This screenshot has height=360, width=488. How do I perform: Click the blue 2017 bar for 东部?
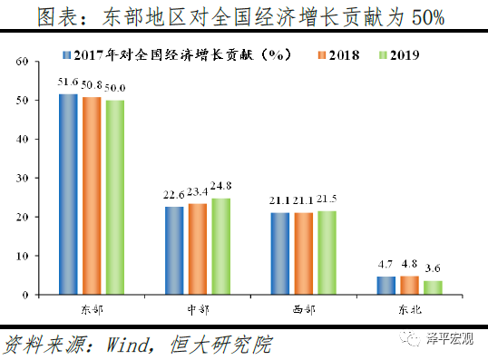tap(68, 194)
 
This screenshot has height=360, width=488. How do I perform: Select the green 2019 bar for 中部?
tap(220, 246)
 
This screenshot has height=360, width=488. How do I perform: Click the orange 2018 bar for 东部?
tap(92, 196)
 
